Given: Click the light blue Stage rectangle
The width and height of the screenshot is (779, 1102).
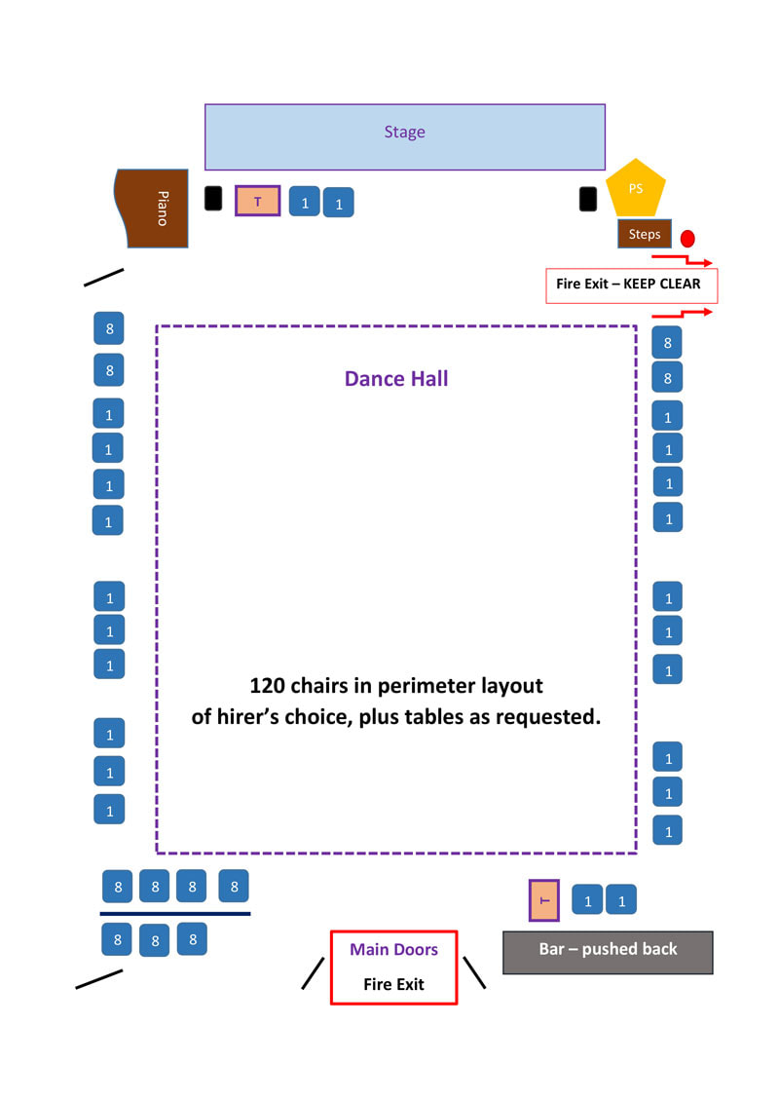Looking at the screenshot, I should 404,136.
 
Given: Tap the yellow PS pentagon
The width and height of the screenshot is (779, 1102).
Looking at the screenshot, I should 636,190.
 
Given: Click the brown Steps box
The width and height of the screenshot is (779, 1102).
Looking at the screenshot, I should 644,234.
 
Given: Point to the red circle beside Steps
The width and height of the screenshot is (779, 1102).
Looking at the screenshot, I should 687,238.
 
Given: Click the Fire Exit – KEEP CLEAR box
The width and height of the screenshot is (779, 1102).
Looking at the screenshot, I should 630,285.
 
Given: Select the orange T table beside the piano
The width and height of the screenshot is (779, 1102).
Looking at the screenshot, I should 258,201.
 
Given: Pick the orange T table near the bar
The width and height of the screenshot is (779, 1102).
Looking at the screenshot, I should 543,900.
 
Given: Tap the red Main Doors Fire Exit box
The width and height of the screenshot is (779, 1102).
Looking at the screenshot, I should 393,967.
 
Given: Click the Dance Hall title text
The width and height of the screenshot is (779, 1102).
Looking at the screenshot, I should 396,379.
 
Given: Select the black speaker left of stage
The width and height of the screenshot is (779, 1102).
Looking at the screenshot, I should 213,198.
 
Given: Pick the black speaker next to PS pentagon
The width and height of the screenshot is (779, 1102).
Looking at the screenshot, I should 587,199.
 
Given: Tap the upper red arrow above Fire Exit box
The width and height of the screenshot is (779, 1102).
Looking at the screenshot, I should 682,259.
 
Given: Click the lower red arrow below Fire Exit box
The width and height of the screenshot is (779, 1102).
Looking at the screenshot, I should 682,314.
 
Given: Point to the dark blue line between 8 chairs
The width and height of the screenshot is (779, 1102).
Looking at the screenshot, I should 175,914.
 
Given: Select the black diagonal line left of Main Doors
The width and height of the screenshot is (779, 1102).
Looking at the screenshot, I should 313,972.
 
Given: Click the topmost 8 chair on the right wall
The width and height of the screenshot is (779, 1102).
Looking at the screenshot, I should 667,342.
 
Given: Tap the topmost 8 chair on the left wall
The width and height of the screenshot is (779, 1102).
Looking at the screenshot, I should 109,328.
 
